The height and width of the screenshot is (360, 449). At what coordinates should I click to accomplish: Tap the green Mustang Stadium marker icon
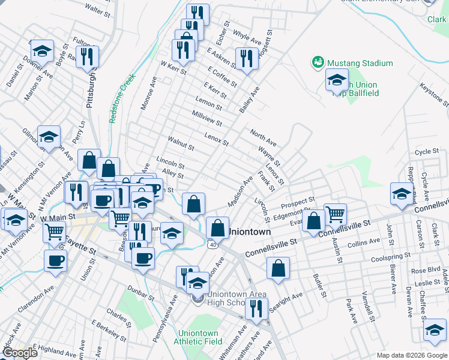point(317,62)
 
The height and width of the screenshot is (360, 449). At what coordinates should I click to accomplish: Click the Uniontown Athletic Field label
point(197,338)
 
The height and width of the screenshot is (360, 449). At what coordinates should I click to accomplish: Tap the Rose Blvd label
point(426,270)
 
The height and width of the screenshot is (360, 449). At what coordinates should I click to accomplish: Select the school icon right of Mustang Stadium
point(337,79)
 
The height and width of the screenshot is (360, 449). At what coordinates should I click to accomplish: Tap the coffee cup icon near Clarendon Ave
point(55,261)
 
